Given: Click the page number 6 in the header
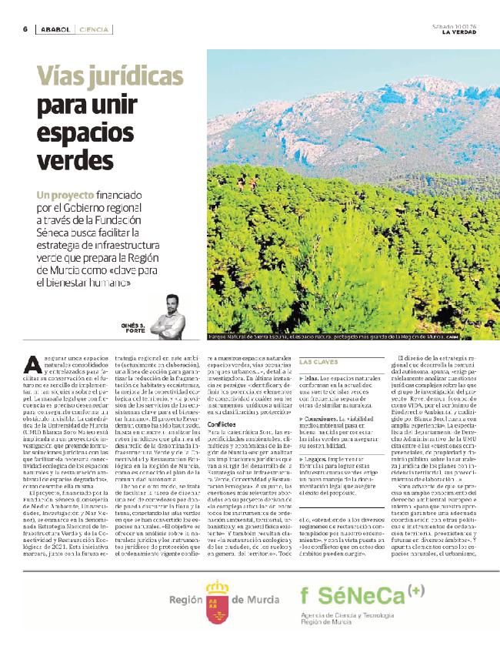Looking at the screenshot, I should click(25, 29).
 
